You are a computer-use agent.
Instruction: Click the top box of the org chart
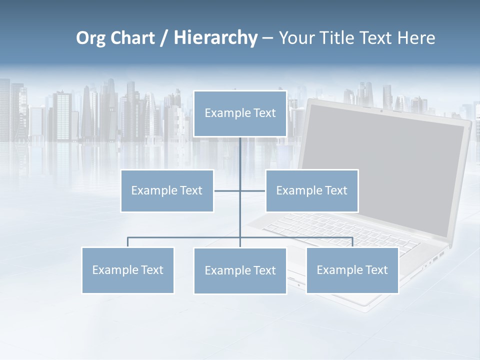(240, 113)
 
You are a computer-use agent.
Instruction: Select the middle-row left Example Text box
(167, 190)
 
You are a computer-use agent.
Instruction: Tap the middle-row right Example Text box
(311, 190)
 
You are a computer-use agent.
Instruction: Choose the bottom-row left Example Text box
(127, 270)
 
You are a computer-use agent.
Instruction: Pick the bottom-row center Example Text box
(240, 270)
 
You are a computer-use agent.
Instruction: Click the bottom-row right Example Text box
(352, 270)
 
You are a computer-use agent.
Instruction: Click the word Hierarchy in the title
(215, 38)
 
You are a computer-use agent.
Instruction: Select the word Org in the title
(90, 38)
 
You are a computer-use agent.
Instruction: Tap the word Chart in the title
(131, 38)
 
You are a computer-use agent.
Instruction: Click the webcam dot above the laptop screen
(381, 110)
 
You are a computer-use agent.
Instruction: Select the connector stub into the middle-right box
(253, 190)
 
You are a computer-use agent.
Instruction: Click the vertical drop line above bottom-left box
(127, 242)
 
